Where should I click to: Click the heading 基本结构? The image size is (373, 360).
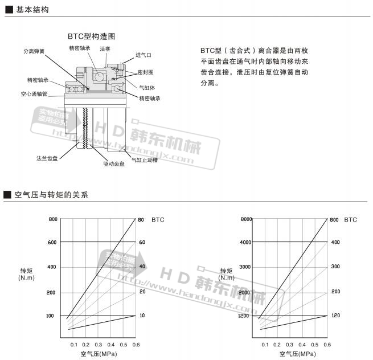pyautogui.click(x=32, y=10)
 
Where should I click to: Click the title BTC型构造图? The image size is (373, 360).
pyautogui.click(x=92, y=35)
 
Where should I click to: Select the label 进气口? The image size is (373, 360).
pyautogui.click(x=144, y=55)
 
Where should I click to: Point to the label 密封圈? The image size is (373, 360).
pyautogui.click(x=145, y=72)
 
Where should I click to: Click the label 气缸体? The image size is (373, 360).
pyautogui.click(x=147, y=87)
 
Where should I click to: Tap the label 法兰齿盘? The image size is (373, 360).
pyautogui.click(x=47, y=158)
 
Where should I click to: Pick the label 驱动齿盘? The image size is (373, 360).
pyautogui.click(x=114, y=163)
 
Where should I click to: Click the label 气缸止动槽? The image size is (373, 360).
pyautogui.click(x=145, y=160)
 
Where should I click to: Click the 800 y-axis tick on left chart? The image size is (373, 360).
pyautogui.click(x=53, y=219)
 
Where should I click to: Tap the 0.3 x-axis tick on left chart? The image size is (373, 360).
pyautogui.click(x=98, y=345)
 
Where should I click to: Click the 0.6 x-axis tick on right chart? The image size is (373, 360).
pyautogui.click(x=327, y=345)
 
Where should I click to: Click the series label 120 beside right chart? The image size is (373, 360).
pyautogui.click(x=335, y=315)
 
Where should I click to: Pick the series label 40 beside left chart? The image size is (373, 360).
pyautogui.click(x=142, y=267)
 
